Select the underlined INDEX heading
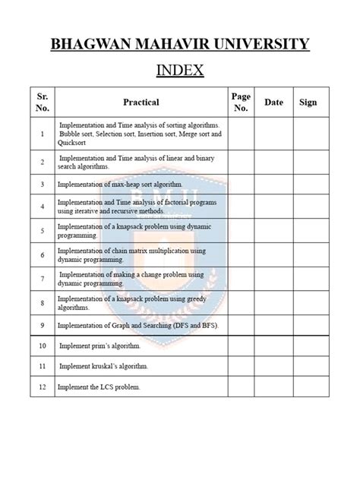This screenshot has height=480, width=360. [x=179, y=71]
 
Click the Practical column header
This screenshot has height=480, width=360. [x=141, y=102]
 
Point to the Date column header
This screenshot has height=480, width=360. [x=273, y=102]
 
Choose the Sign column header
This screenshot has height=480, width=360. [x=308, y=102]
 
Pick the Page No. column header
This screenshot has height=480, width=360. [x=241, y=102]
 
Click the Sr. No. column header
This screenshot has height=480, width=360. [x=43, y=102]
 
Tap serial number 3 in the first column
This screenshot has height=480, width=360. [x=43, y=184]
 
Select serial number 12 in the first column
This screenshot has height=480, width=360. [x=43, y=387]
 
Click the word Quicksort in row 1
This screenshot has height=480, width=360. [x=74, y=142]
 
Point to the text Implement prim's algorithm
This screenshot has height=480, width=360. [x=101, y=346]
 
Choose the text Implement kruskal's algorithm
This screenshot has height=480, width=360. [x=104, y=366]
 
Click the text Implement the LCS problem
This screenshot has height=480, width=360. [x=99, y=387]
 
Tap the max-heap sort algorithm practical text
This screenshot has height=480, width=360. [x=121, y=184]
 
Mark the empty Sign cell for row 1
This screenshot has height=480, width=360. [x=308, y=134]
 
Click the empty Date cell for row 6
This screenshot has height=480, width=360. [x=273, y=254]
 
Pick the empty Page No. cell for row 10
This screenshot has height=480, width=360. [x=241, y=346]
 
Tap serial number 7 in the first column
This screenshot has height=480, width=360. [x=43, y=278]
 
